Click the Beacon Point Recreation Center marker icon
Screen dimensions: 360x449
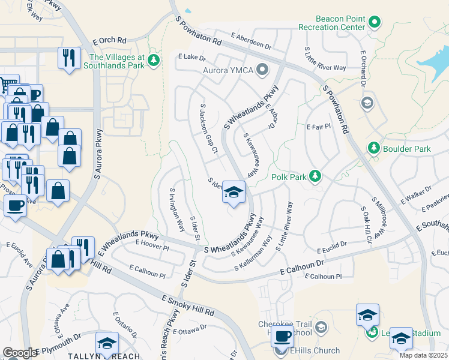375,23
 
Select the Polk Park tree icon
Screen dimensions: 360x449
314,176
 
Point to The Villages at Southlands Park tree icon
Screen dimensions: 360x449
154,59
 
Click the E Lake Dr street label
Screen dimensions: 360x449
192,58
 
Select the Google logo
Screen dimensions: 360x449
20,353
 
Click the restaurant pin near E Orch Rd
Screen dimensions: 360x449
68,58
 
